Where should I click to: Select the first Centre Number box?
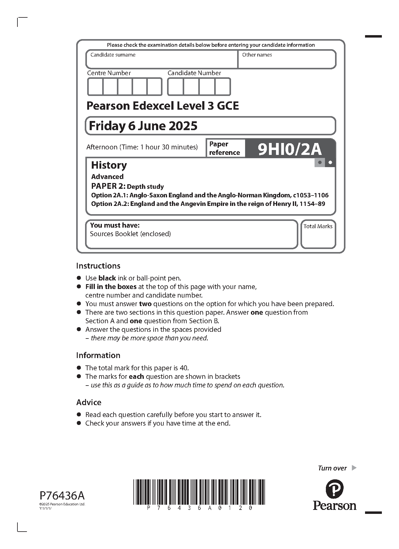tap(95, 87)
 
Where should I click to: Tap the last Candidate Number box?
tap(222, 87)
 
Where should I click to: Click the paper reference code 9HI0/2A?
tap(289, 149)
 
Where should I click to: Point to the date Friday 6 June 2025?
tap(143, 126)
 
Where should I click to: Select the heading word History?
tap(109, 165)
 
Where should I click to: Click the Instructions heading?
tap(98, 266)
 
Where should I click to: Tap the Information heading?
tap(98, 355)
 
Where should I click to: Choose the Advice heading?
tap(89, 402)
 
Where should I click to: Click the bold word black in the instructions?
tap(107, 278)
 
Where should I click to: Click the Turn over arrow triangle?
tap(354, 468)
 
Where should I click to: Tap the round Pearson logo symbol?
tap(334, 489)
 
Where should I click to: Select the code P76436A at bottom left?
tap(62, 495)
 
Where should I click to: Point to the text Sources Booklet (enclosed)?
tap(130, 234)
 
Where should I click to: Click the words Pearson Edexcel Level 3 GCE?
tap(163, 106)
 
